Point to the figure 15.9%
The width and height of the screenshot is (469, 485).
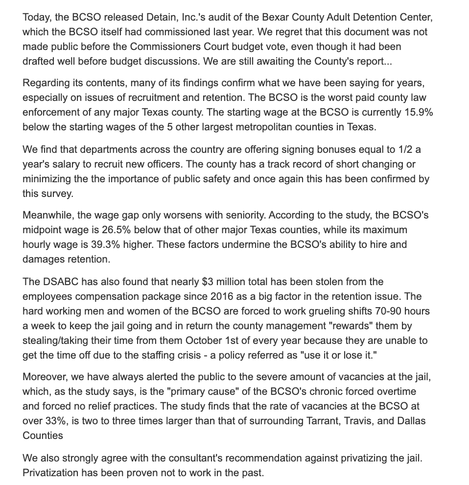pos(415,112)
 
